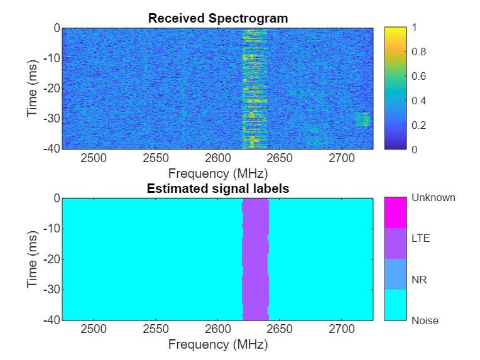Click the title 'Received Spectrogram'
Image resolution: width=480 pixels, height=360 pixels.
coord(218,18)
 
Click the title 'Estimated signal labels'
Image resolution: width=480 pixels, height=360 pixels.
coord(218,188)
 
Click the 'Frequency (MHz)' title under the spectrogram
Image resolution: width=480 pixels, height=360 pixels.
coord(218,172)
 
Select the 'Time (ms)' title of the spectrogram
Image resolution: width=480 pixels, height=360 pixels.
coord(33,89)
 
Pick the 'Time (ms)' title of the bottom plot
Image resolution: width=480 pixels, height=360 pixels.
coord(33,259)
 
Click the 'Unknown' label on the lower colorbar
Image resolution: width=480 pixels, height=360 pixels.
coord(434,198)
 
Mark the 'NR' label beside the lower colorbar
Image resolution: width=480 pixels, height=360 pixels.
coord(418,280)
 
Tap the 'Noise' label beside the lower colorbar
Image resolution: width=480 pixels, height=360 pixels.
coord(425,320)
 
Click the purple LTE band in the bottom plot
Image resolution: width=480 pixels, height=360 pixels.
coord(255,259)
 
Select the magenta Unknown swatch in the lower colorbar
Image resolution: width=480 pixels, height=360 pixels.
coord(395,213)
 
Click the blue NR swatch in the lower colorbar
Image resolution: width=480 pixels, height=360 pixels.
coord(395,274)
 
